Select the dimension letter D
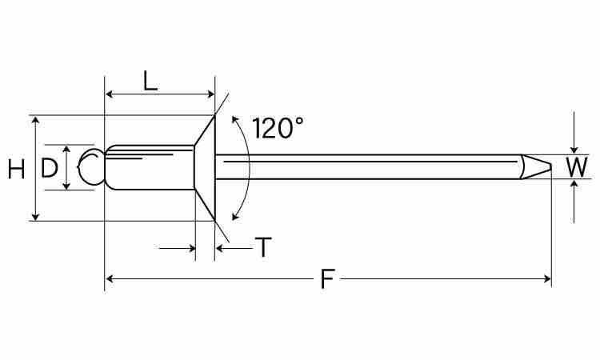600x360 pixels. [50, 168]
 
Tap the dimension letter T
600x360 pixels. [264, 248]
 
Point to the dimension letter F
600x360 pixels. [326, 279]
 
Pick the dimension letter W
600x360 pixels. [576, 167]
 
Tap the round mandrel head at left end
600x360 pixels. [91, 167]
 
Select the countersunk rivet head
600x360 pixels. [205, 167]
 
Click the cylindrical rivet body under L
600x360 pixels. [150, 167]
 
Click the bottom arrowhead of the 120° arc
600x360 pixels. [234, 215]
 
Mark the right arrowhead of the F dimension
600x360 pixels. [548, 279]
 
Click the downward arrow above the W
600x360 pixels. [574, 148]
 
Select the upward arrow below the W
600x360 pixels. [574, 184]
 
